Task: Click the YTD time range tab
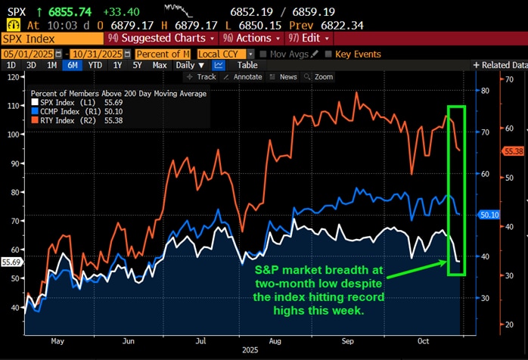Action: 95,65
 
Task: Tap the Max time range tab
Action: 160,65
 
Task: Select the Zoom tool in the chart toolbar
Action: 323,76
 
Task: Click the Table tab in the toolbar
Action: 247,65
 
